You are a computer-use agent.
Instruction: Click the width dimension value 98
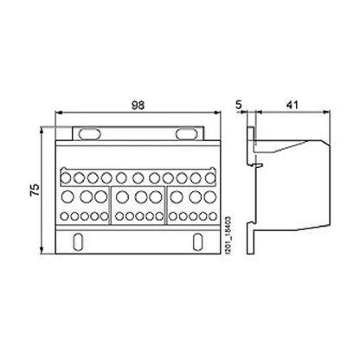pos(137,104)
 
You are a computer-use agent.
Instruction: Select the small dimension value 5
pos(239,104)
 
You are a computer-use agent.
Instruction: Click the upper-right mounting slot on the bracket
pos(184,134)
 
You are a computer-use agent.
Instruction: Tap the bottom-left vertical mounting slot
pos(80,240)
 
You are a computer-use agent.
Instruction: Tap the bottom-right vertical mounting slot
pos(196,240)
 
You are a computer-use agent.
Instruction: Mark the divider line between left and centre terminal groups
pos(112,203)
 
